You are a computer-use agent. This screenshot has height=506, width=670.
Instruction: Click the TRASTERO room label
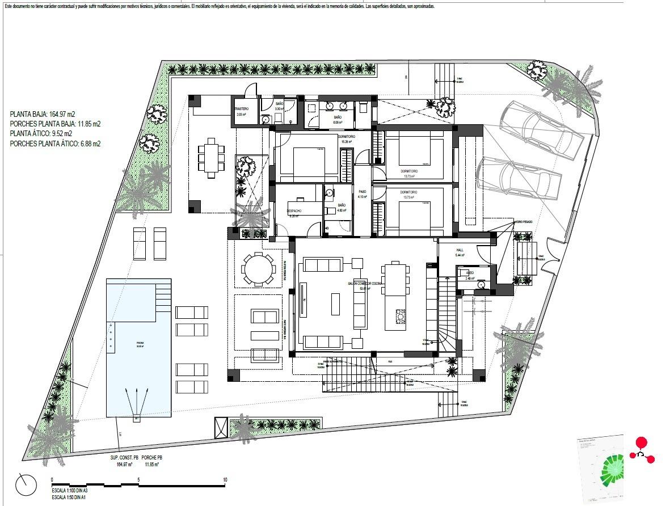click(x=242, y=108)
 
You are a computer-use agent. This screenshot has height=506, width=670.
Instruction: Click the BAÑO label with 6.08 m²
click(x=338, y=116)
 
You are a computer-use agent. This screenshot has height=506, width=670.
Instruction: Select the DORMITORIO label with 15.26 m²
click(x=347, y=137)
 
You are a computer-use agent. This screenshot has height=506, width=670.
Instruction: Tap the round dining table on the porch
click(x=258, y=268)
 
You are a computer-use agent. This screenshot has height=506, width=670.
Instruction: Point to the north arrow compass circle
click(x=26, y=485)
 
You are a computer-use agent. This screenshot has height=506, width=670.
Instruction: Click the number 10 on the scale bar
click(x=225, y=480)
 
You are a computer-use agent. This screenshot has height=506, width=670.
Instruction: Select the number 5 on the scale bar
click(x=139, y=480)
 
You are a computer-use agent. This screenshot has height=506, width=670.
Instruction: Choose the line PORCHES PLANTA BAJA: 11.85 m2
click(x=56, y=124)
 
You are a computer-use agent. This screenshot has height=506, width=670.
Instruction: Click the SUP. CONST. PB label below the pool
click(x=124, y=458)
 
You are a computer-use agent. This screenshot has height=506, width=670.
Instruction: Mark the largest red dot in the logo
click(x=641, y=443)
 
